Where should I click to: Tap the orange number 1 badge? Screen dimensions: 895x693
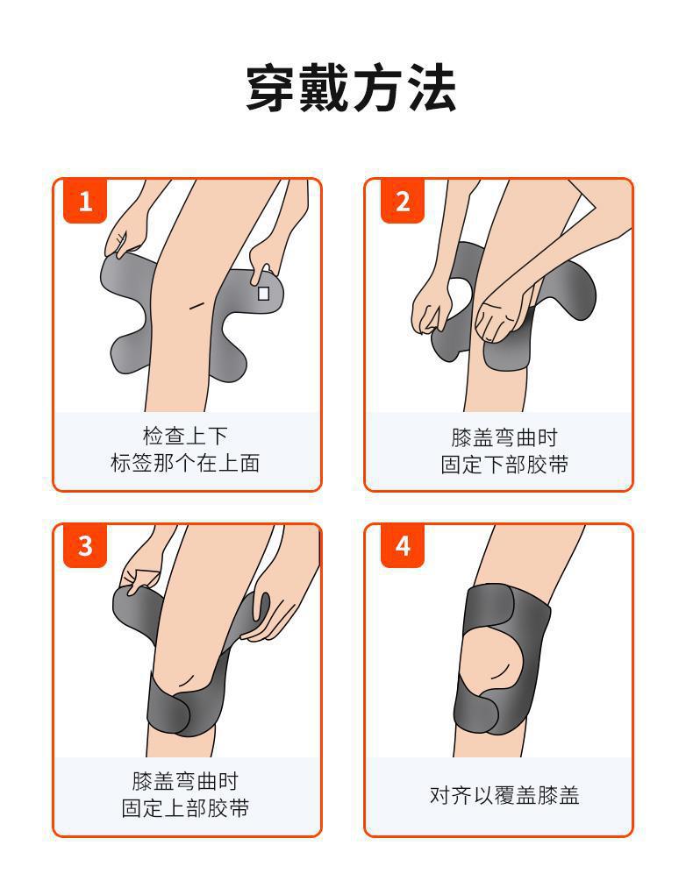85,202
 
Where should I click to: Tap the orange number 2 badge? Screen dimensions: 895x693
402,202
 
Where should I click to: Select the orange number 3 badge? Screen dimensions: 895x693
85,546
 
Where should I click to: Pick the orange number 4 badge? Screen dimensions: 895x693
402,546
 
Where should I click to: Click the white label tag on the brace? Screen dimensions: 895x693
263,294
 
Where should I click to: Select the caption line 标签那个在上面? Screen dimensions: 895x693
185,463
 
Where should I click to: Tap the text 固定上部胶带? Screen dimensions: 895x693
185,808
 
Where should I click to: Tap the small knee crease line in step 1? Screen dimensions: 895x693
197,305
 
